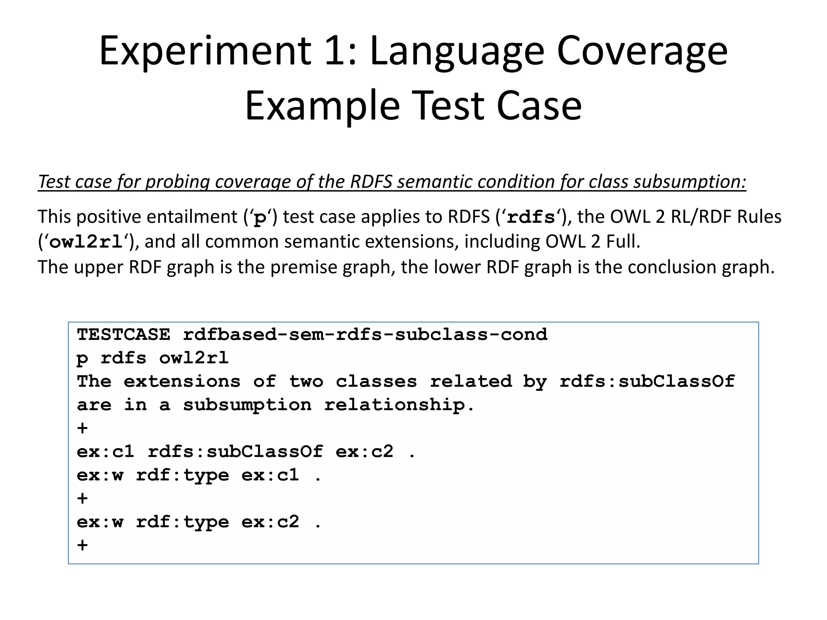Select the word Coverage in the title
coord(642,51)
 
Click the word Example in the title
coord(322,106)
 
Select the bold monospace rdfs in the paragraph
coord(531,218)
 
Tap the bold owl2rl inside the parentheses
coord(86,242)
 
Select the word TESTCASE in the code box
coord(124,335)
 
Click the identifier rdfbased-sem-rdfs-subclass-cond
coord(365,335)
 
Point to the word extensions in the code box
coord(182,381)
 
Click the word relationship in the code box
coord(395,405)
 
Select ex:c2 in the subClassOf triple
coord(365,452)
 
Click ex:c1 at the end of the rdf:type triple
coord(270,475)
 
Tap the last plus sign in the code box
coord(82,545)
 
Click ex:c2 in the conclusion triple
coord(270,522)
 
